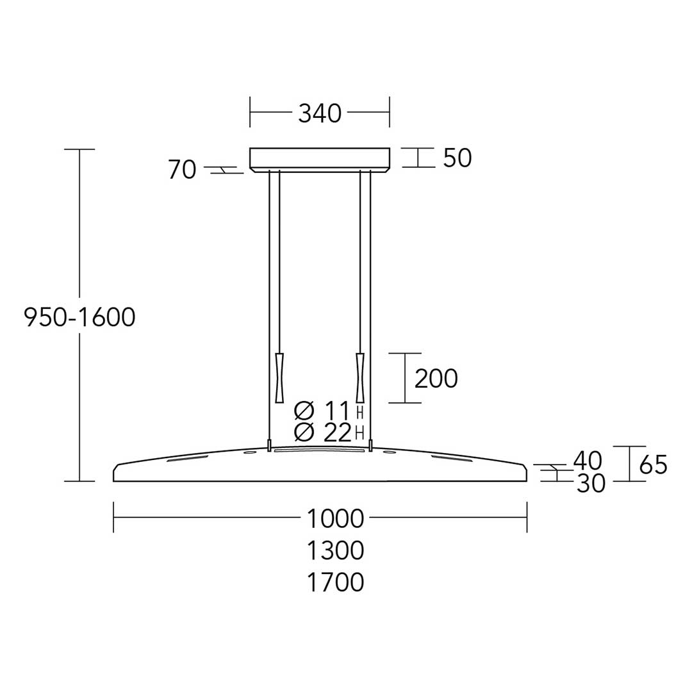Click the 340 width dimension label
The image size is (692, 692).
point(320,113)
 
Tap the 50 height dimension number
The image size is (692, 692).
point(457,158)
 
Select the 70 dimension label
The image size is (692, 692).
point(182,169)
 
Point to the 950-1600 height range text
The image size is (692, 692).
point(79,317)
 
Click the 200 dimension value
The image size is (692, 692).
point(436,379)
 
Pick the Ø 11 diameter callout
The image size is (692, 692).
point(322,411)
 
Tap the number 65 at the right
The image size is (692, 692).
point(653,465)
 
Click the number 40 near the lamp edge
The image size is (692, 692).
point(588,461)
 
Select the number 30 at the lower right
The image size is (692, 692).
point(591,484)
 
